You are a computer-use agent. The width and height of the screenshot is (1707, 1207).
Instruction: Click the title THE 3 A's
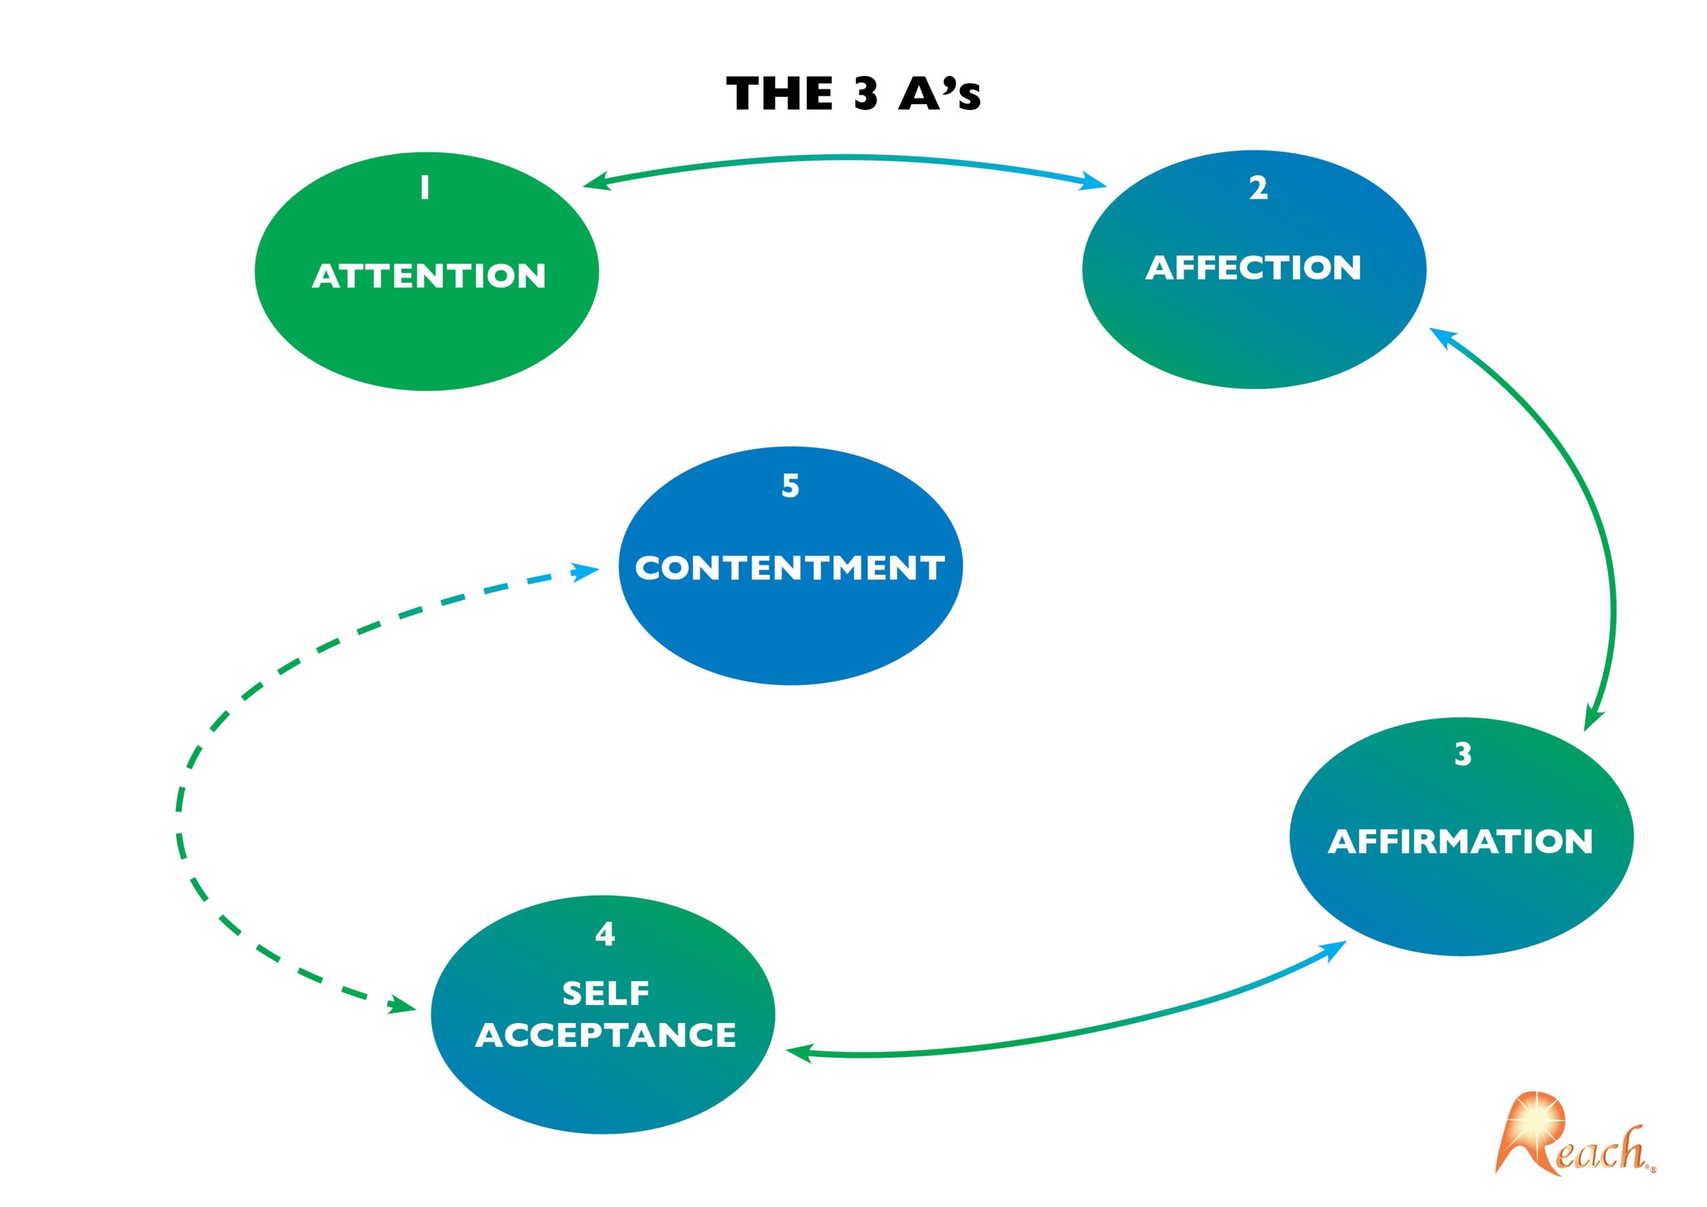pyautogui.click(x=853, y=94)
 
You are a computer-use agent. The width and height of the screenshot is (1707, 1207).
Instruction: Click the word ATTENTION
pyautogui.click(x=429, y=276)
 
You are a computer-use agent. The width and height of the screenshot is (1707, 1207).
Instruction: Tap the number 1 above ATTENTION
pyautogui.click(x=425, y=187)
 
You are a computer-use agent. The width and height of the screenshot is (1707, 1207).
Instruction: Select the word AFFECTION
pyautogui.click(x=1254, y=267)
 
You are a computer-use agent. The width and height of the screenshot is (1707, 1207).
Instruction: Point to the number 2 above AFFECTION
pyautogui.click(x=1258, y=187)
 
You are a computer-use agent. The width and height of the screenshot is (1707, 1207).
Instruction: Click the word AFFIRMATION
pyautogui.click(x=1461, y=841)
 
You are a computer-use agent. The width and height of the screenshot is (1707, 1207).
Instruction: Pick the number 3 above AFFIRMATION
pyautogui.click(x=1462, y=754)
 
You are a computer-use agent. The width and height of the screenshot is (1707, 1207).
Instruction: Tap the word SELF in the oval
pyautogui.click(x=606, y=994)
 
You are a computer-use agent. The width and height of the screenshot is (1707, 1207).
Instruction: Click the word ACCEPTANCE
pyautogui.click(x=606, y=1035)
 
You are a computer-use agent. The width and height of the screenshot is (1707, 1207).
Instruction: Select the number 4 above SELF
pyautogui.click(x=605, y=934)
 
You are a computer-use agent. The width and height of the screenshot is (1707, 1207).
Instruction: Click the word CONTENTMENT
pyautogui.click(x=790, y=568)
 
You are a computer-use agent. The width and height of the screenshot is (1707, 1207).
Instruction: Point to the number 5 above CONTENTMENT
pyautogui.click(x=790, y=485)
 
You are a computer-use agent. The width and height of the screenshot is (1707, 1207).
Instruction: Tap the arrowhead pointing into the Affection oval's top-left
pyautogui.click(x=1093, y=181)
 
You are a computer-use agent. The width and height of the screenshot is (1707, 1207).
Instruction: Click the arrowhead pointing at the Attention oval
pyautogui.click(x=596, y=182)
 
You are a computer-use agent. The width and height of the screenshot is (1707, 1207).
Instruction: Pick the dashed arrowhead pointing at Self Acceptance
pyautogui.click(x=401, y=1006)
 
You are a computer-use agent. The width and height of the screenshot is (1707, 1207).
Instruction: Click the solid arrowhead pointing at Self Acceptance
pyautogui.click(x=799, y=1052)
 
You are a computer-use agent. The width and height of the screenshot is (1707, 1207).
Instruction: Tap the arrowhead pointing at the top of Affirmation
pyautogui.click(x=1592, y=718)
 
